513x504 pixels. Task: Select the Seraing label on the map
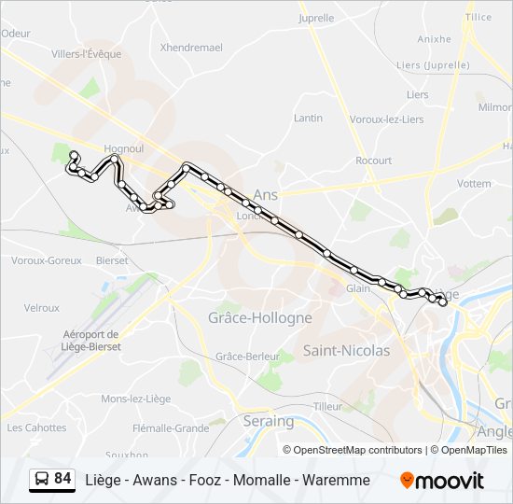(270, 422)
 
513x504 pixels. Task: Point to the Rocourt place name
(373, 161)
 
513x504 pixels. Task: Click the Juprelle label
(316, 18)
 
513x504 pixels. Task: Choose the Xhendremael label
(191, 47)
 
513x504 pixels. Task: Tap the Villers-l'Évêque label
(87, 54)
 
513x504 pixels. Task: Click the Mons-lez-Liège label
(136, 399)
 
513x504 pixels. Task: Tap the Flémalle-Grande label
(171, 428)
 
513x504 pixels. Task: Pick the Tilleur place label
(328, 406)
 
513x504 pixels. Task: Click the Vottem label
(474, 184)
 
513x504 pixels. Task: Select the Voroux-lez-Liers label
(386, 119)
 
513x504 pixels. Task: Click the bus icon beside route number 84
(41, 480)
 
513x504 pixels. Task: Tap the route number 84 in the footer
(62, 479)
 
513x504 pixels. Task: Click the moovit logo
(442, 481)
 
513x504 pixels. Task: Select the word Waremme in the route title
(339, 480)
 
